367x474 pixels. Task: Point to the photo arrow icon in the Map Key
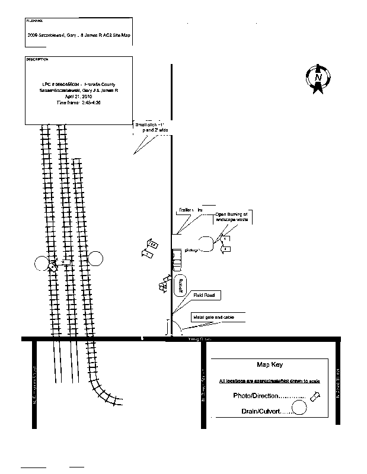[x=317, y=395]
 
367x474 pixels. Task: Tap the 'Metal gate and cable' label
[x=212, y=318]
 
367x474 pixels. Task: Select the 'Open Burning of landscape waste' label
[x=231, y=216]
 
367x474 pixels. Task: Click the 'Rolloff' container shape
[x=180, y=286]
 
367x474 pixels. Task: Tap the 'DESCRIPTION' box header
[x=37, y=60]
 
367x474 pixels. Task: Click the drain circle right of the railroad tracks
[x=95, y=258]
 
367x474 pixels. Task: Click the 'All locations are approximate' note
[x=269, y=381]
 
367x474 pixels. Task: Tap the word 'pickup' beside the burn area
[x=190, y=250]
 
